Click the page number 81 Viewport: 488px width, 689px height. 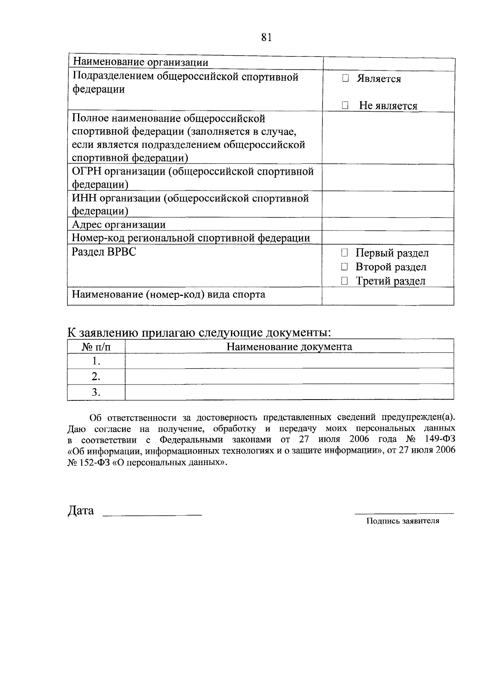coord(266,37)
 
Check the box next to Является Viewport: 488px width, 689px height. coord(345,78)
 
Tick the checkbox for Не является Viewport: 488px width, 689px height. coord(345,106)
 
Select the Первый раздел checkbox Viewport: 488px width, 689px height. coord(345,253)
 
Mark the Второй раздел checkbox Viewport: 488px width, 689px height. coord(345,267)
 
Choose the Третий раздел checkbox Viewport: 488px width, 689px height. coord(345,281)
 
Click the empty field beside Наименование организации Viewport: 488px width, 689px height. coord(388,64)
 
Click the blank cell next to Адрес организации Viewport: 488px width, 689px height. coord(388,224)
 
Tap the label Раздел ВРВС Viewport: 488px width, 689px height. coord(104,252)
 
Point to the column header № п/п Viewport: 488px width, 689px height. coord(96,347)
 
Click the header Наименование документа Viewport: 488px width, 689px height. coord(289,347)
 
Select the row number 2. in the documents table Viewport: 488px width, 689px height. coord(96,377)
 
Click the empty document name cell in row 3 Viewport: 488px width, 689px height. coord(289,392)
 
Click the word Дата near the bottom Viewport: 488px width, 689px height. coord(81,511)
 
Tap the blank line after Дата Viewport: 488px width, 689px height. coord(152,513)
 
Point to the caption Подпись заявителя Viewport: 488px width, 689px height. coord(403,521)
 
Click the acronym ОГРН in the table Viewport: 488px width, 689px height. coord(84,172)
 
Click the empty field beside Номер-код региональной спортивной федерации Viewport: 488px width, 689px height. coord(388,237)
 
